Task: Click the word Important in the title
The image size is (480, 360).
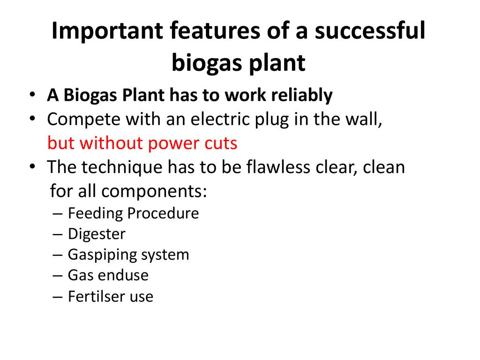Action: point(107,31)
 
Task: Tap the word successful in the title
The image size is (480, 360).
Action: point(370,30)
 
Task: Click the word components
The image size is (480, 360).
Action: point(154,192)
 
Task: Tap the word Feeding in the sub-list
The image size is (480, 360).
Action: point(95,213)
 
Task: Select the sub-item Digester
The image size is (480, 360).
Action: point(97,234)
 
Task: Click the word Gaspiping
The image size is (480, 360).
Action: point(102,255)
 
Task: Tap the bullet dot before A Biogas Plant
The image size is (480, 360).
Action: point(32,94)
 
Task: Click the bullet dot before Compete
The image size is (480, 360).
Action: point(32,118)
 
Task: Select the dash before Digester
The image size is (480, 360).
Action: point(57,235)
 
